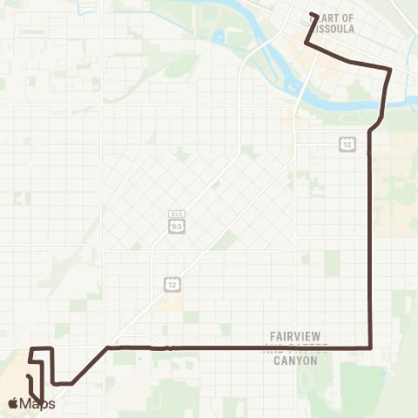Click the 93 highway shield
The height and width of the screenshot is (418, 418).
tap(177, 226)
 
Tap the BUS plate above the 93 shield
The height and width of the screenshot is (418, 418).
tap(177, 213)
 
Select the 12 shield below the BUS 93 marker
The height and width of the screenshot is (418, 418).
tap(171, 285)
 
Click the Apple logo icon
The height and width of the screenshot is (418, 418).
tap(13, 402)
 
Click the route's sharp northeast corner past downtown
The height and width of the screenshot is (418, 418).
tap(390, 69)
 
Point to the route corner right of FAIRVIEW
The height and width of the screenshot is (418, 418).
tap(372, 348)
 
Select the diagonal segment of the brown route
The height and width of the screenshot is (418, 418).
tap(89, 365)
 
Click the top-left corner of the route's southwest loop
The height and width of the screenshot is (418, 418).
tap(32, 349)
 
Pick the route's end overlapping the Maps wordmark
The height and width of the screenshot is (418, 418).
tap(41, 402)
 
